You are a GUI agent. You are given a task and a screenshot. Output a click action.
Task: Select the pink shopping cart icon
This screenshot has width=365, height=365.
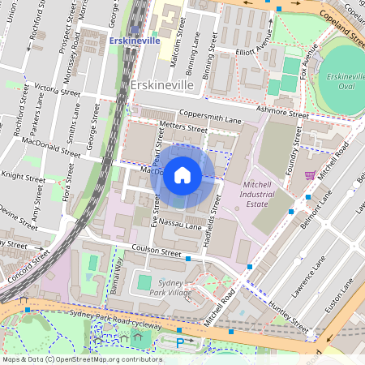pos(309,174)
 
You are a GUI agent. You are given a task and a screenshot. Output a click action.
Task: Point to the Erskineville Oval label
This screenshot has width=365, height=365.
pos(341,82)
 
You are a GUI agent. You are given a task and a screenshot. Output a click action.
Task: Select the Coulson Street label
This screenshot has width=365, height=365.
pos(157,252)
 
